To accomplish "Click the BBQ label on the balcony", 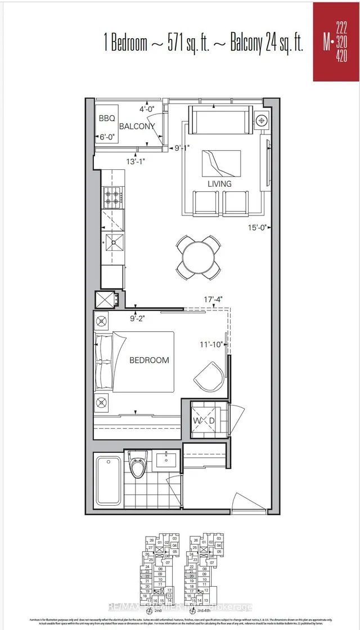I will [x=106, y=118].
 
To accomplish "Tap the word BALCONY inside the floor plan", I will [x=136, y=127].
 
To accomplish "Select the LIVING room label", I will [x=219, y=184].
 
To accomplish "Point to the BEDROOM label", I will [x=149, y=360].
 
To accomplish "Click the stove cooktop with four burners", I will [x=110, y=198].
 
